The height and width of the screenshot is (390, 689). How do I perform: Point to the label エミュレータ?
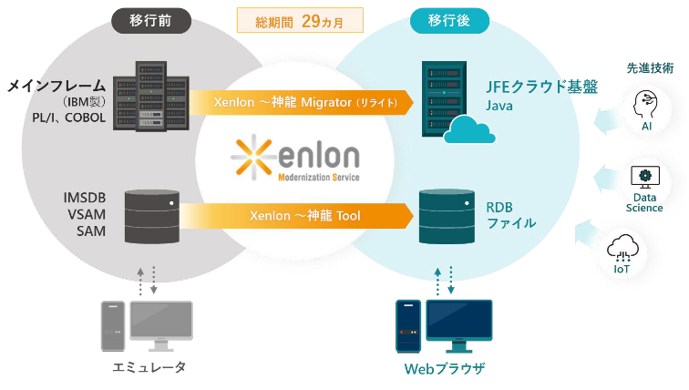(149, 366)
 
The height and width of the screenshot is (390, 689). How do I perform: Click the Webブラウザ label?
(444, 368)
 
